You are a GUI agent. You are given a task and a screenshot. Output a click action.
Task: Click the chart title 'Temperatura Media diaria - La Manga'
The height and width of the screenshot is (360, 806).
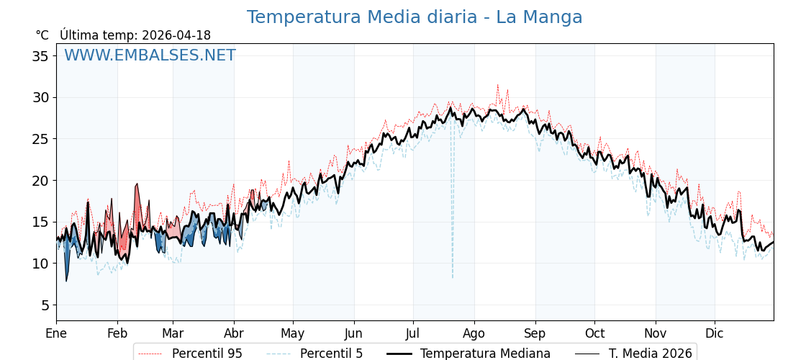pos(415,17)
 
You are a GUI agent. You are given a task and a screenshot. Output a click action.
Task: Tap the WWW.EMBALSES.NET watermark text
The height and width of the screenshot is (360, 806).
pos(150,55)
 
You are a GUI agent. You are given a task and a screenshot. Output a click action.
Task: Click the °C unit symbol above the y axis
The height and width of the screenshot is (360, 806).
pos(42,35)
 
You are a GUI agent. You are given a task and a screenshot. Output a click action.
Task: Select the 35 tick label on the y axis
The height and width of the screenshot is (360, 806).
pos(40,56)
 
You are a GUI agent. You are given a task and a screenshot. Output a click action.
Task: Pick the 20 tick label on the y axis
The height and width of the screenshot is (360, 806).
pos(40,181)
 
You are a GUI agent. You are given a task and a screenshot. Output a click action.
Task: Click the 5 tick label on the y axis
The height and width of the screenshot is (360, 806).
pos(45,305)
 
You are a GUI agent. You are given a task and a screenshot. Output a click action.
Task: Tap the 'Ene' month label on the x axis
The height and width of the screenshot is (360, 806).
pos(56,333)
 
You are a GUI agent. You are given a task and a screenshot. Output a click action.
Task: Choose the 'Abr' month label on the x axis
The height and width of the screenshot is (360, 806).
pos(234,333)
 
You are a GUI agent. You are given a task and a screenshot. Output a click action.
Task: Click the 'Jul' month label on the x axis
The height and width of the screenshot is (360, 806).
pos(413,333)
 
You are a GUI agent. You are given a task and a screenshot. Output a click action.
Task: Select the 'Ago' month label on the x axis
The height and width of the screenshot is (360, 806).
pos(474,333)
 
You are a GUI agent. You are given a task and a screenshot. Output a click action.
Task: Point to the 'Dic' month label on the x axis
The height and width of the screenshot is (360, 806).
pos(715,333)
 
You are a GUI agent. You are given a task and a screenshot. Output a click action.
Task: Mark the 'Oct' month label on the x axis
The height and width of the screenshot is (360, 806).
pos(594,333)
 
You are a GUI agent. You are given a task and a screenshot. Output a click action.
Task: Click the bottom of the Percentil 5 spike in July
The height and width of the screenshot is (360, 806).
pos(453,278)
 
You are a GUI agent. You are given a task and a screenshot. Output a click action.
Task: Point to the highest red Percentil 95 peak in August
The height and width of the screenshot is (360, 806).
pos(497,85)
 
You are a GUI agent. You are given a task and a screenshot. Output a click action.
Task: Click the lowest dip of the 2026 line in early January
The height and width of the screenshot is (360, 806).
pos(66,281)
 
